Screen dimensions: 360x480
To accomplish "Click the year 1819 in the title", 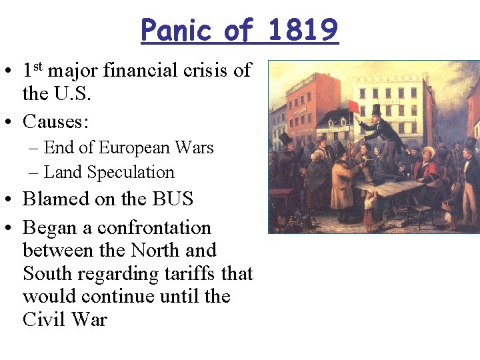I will pyautogui.click(x=305, y=30).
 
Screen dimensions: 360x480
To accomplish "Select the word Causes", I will pyautogui.click(x=56, y=121).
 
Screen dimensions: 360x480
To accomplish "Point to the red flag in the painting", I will pyautogui.click(x=354, y=107).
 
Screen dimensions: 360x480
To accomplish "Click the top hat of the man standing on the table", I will pyautogui.click(x=376, y=109).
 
